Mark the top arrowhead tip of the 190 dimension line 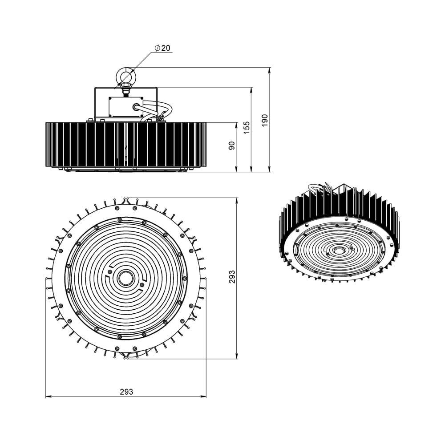pos(269,68)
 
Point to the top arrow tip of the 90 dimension pos(236,123)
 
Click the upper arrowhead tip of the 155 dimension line pos(251,88)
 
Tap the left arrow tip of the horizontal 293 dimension pos(46,396)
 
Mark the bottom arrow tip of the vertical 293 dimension pos(237,359)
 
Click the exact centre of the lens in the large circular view pos(125,278)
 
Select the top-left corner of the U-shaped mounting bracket pos(95,88)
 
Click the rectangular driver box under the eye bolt pos(126,107)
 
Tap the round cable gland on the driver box pos(135,107)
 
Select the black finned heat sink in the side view pos(126,145)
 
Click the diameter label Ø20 pos(162,48)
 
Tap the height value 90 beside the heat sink pos(232,146)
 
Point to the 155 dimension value pos(247,127)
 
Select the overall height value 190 pos(264,120)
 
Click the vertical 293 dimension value pos(232,277)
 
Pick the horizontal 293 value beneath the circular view pos(126,392)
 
